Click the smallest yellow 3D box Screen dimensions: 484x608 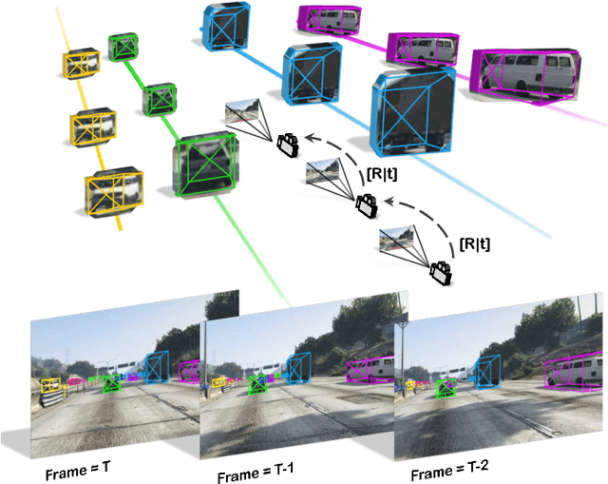click(83, 62)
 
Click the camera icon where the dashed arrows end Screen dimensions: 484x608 click(287, 145)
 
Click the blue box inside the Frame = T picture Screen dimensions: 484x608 click(155, 366)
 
